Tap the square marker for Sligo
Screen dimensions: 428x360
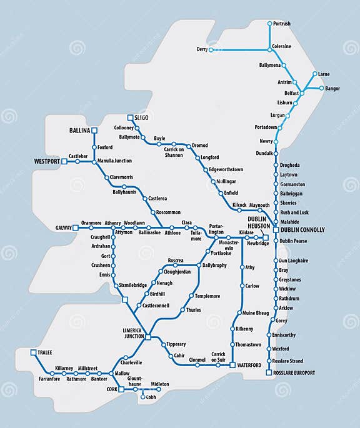coord(130,117)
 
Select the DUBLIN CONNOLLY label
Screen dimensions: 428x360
coord(303,230)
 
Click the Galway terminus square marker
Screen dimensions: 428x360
coord(76,228)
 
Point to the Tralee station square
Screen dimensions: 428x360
coord(33,352)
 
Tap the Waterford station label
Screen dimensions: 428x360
coord(249,365)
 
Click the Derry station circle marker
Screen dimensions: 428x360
coord(211,49)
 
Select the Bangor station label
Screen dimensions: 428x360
coord(332,89)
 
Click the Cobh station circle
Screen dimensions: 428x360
coord(143,397)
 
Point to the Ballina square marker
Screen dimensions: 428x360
coord(95,130)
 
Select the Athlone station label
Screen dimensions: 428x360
coord(172,233)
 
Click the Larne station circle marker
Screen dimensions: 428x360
coord(314,74)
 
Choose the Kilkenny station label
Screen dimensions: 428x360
coord(244,329)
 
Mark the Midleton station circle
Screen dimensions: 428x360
coord(147,384)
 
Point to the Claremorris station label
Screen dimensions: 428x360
coord(122,177)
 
